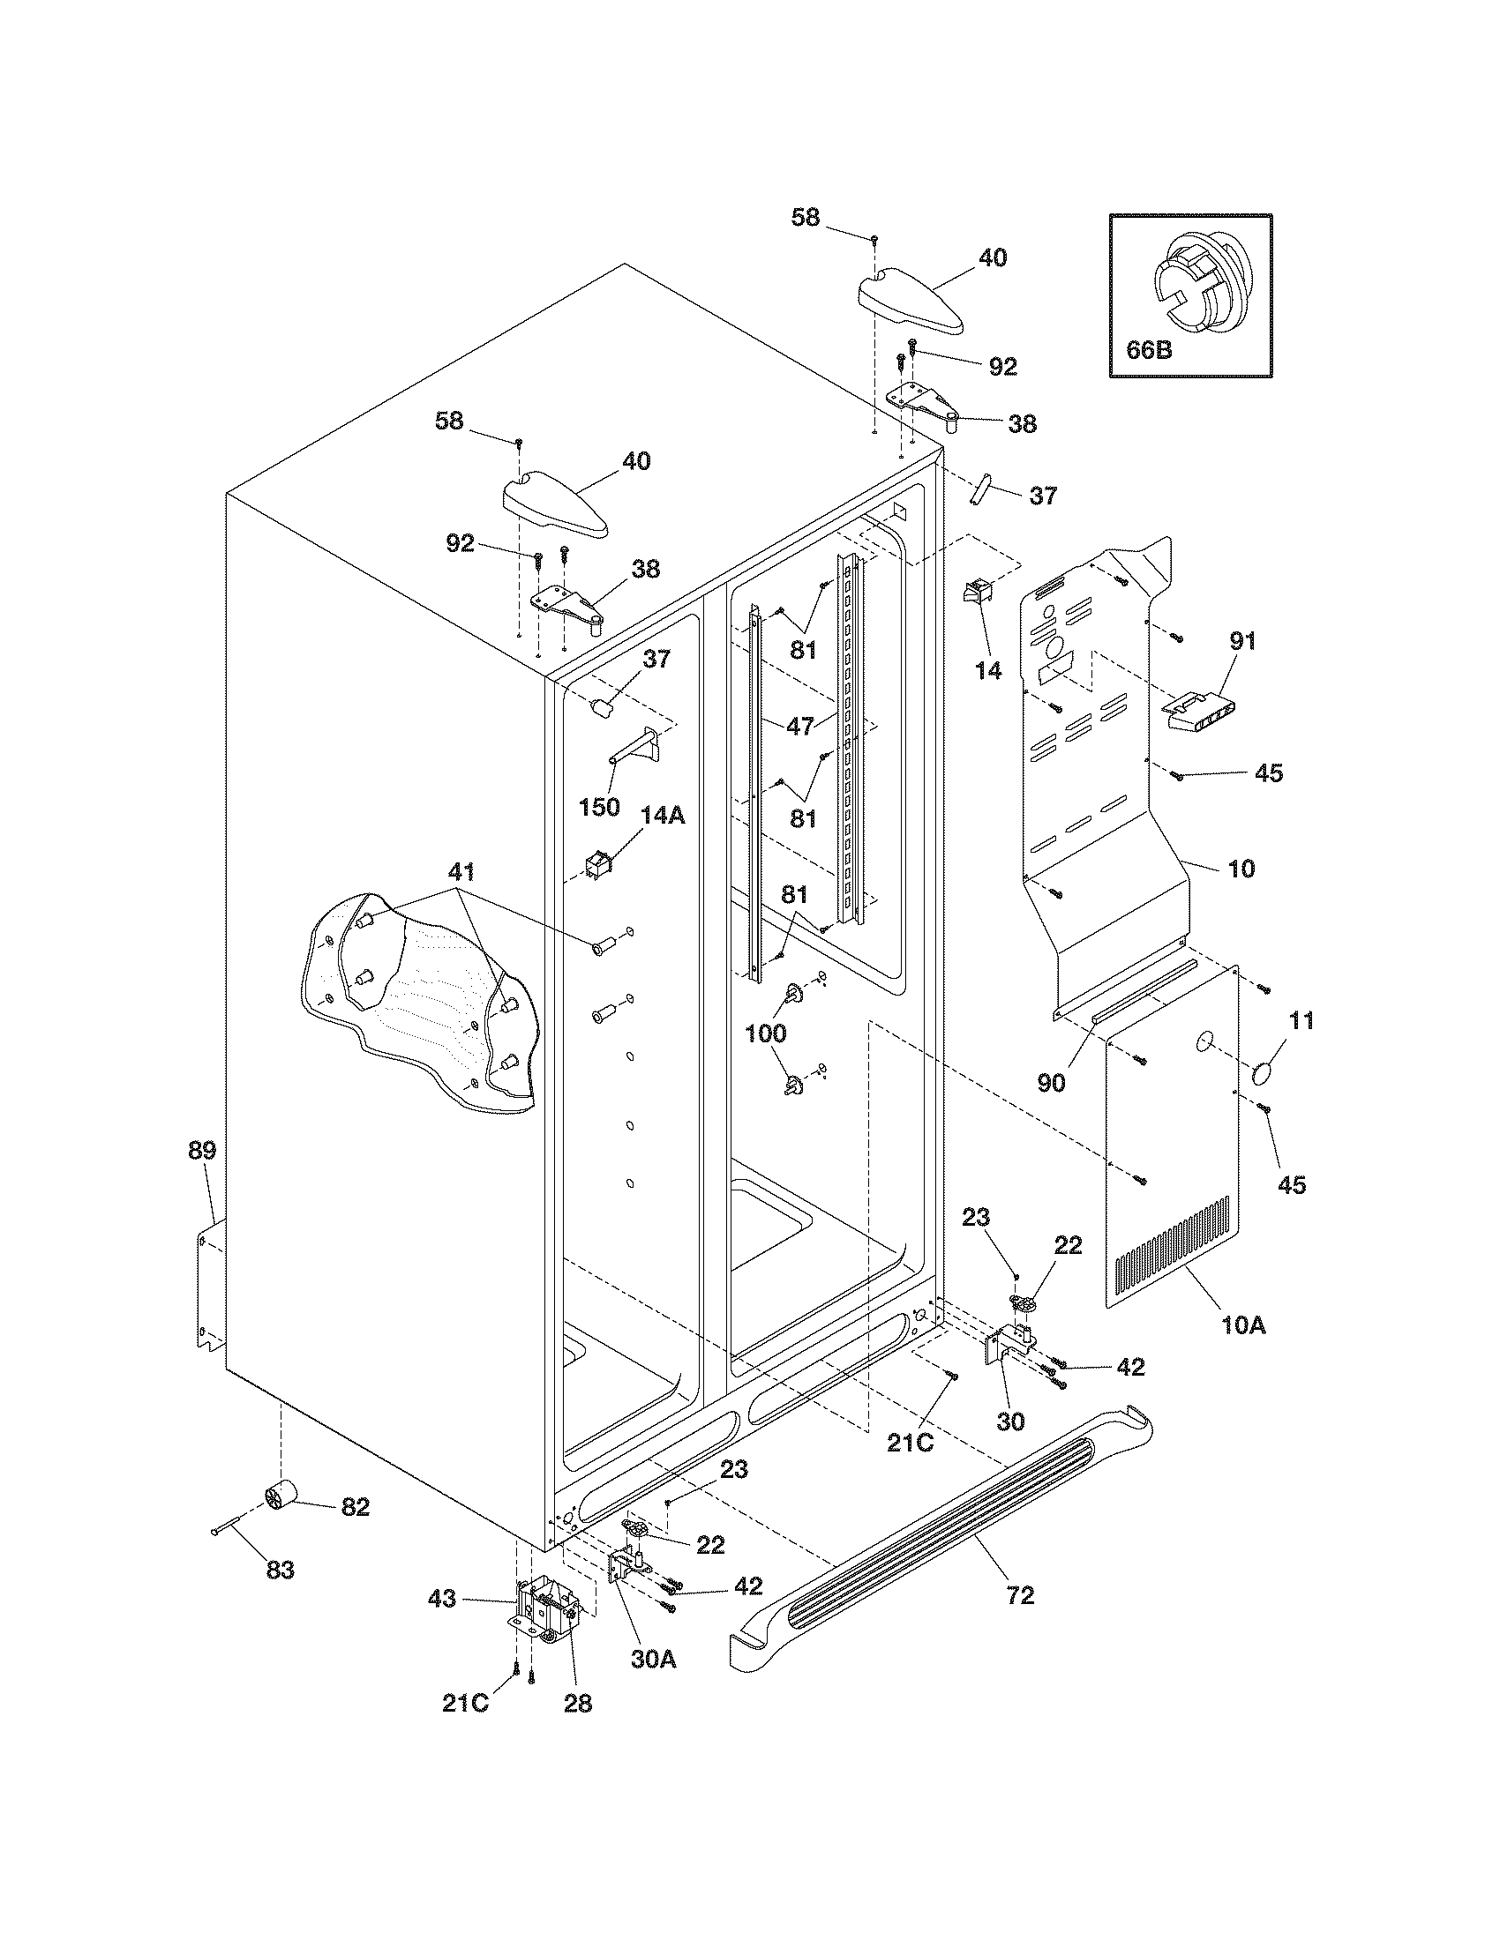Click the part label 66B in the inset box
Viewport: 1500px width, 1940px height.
[x=1149, y=349]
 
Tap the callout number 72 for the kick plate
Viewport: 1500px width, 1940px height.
[x=1021, y=1596]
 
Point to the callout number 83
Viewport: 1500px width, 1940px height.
[x=280, y=1570]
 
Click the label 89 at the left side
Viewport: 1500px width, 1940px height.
[x=202, y=1151]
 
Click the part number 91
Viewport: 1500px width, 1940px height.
[x=1242, y=640]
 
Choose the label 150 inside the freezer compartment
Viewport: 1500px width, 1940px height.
[x=599, y=808]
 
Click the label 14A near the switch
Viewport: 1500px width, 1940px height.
[x=663, y=815]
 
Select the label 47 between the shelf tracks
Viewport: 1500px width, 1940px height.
[x=800, y=726]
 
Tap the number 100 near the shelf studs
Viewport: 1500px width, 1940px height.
[x=765, y=1033]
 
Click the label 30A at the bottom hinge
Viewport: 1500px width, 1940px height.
[x=654, y=1659]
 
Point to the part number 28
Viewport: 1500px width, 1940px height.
[x=578, y=1703]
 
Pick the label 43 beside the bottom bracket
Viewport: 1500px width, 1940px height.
[x=442, y=1599]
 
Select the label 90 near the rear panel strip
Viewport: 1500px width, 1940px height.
[x=1051, y=1084]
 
